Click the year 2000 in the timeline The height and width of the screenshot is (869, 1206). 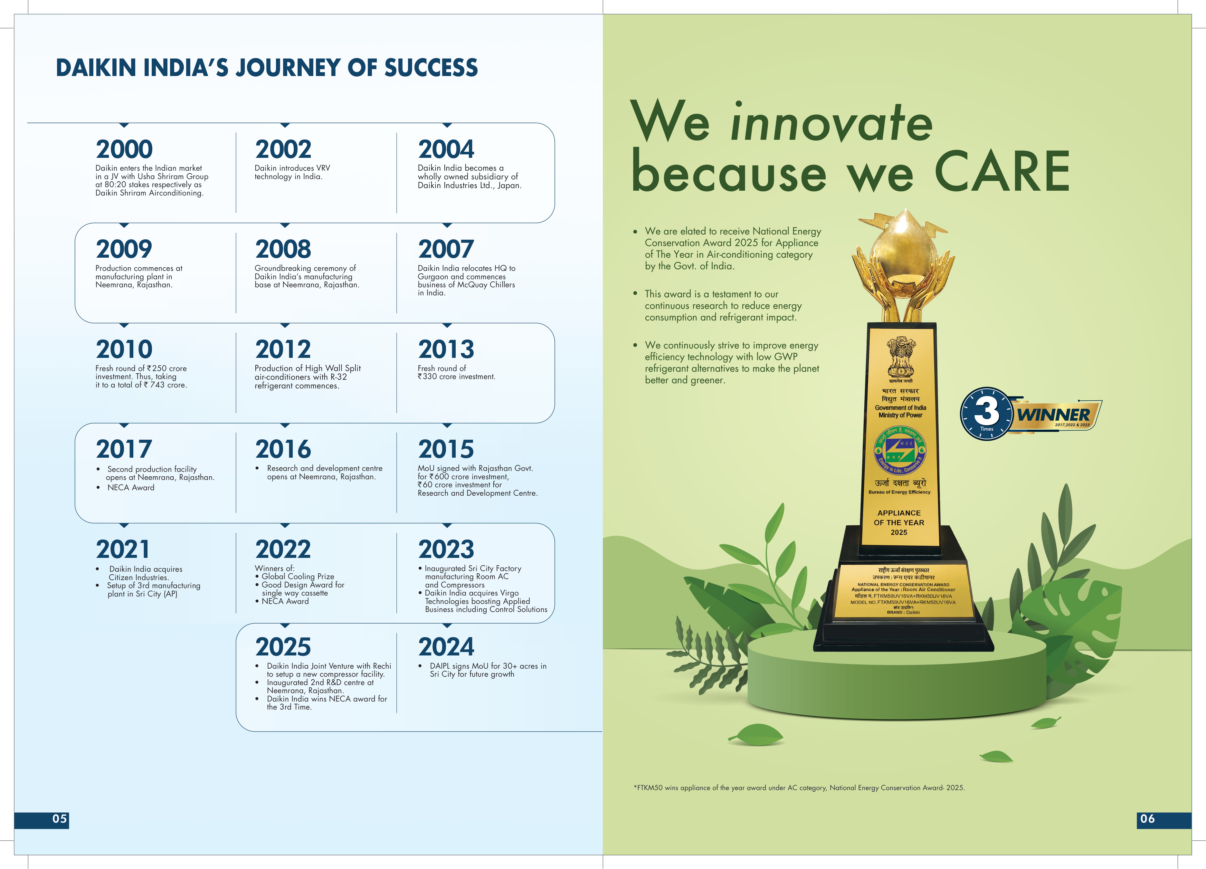(124, 149)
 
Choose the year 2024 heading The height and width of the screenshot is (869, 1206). (446, 647)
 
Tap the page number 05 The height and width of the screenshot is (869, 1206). (60, 818)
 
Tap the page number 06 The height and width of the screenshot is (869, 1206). (1147, 818)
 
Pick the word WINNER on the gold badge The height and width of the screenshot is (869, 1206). (1053, 414)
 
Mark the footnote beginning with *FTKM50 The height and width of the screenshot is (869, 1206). (799, 788)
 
